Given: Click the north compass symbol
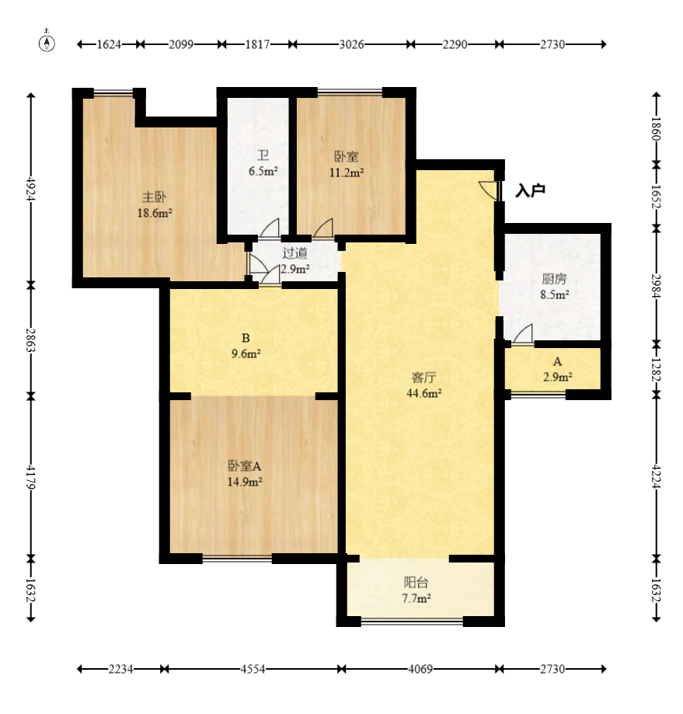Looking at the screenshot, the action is pos(47,43).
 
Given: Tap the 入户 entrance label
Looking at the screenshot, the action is pos(530,190).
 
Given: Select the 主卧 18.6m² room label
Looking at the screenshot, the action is pos(155,205).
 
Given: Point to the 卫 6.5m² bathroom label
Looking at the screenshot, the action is pos(263,163).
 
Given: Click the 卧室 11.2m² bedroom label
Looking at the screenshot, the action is pos(347,165).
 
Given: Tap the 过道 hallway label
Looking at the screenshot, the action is pos(295,260).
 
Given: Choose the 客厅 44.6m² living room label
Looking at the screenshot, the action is pos(424,385).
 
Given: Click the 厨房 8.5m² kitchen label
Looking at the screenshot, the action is pos(555,287).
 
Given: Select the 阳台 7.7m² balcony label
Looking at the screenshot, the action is pos(416,590).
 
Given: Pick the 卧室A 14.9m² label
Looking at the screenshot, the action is pos(245,474).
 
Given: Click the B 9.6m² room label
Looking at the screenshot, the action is pos(246,346).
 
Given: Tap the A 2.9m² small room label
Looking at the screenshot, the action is pos(557,369).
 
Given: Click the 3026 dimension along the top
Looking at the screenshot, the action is pos(351,44).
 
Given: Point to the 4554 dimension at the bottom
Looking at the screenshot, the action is pos(253,669).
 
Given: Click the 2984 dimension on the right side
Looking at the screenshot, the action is pos(656,285).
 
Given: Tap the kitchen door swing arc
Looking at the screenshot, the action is pos(523,334).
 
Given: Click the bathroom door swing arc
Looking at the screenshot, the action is pos(269,228).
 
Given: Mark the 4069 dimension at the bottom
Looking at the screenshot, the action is pos(420,669).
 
